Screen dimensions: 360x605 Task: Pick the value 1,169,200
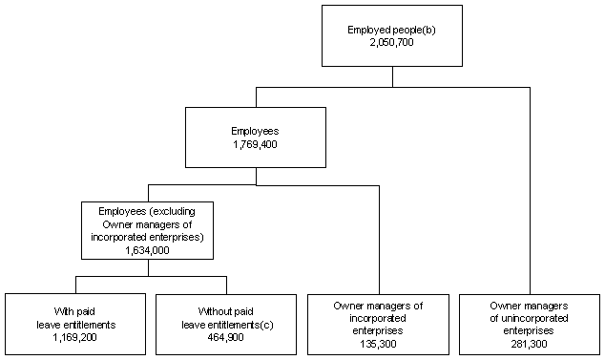(x=73, y=336)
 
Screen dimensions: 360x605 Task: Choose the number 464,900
(x=227, y=336)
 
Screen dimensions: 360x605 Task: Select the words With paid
(x=73, y=311)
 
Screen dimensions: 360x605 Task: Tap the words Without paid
(x=227, y=311)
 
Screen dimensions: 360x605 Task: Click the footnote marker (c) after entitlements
(x=261, y=324)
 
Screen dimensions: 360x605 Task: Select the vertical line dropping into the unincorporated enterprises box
(x=530, y=191)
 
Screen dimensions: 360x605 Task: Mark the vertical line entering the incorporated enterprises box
(x=380, y=239)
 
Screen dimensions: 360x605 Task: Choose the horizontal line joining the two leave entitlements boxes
(x=151, y=277)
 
